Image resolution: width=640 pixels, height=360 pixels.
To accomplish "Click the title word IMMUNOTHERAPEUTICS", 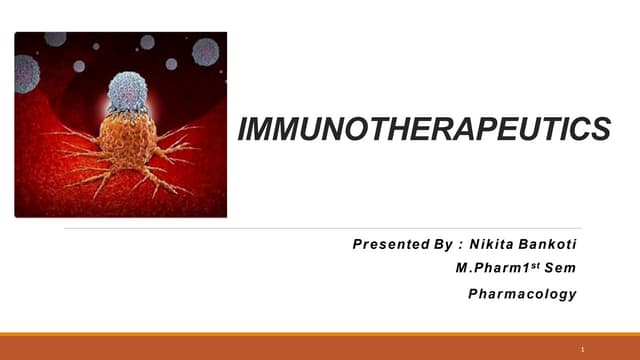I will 424,129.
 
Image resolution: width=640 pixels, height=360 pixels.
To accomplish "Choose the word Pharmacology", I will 522,294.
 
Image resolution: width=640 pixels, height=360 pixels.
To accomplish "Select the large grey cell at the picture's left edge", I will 26,73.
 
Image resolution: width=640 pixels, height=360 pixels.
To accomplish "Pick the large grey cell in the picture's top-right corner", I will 205,51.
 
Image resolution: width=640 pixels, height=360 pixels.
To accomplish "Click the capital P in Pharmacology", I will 473,294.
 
